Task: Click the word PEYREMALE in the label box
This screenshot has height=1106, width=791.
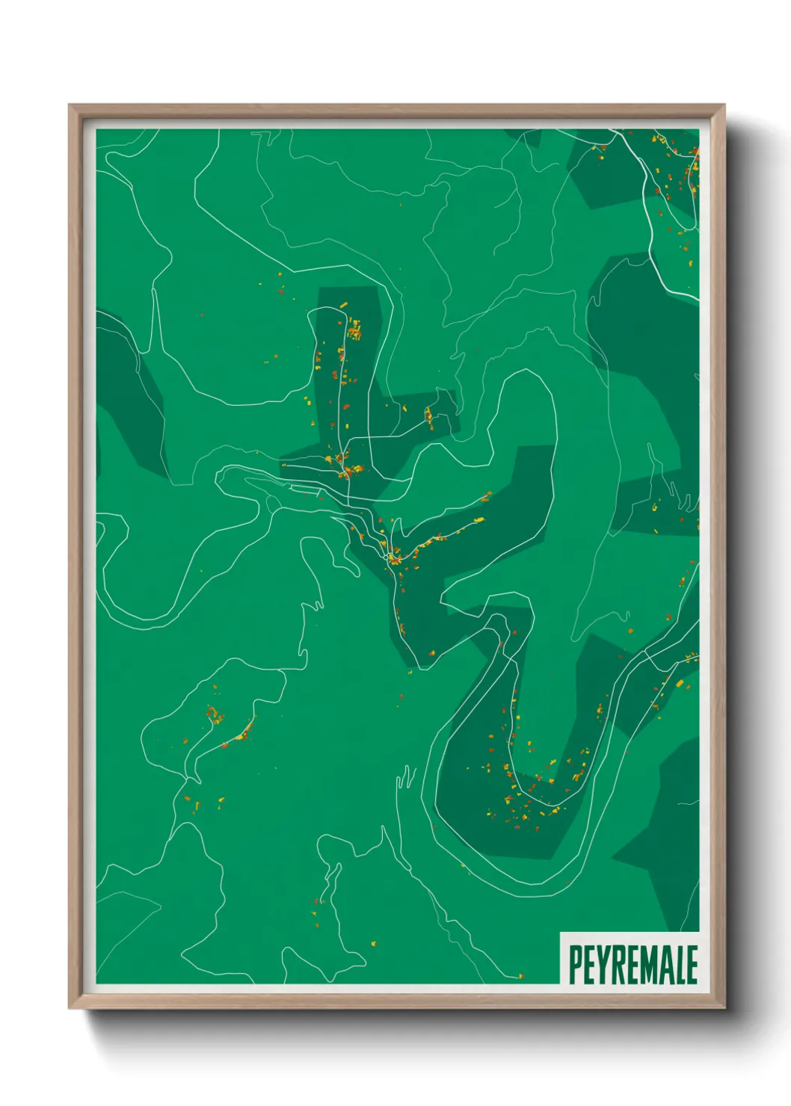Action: [633, 965]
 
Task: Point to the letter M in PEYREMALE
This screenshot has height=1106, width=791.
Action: [647, 965]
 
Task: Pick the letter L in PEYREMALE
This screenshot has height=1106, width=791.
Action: [678, 965]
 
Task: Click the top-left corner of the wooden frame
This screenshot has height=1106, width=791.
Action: [70, 105]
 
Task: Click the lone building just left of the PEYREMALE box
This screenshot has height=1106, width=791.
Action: [521, 976]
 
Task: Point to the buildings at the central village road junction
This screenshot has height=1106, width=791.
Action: [393, 557]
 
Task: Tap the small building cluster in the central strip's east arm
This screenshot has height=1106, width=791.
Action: [428, 415]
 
